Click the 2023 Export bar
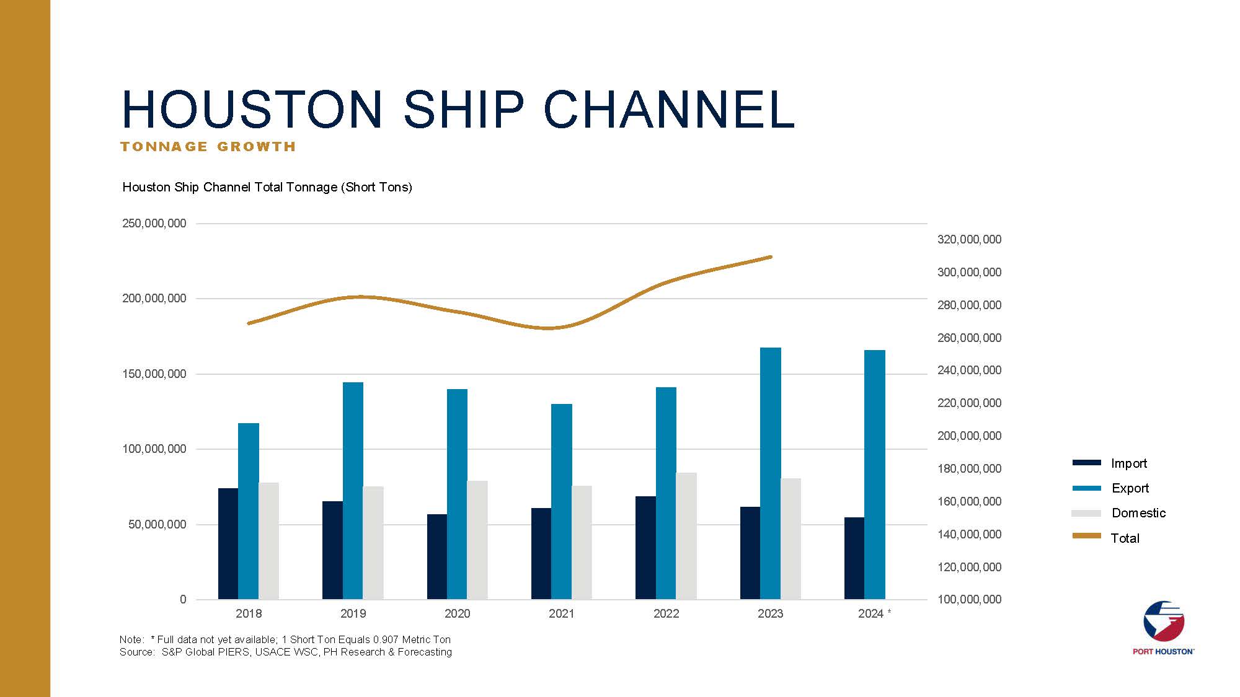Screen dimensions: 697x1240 [770, 474]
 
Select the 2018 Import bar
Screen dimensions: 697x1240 [228, 544]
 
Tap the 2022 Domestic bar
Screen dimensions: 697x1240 [686, 536]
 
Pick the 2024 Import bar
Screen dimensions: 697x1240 [854, 558]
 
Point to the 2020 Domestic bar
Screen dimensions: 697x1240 [477, 540]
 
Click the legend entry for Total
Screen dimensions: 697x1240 [1124, 538]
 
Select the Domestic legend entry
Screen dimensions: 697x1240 [1138, 513]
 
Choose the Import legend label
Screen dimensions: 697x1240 [1128, 463]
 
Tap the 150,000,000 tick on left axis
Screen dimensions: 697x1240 [154, 374]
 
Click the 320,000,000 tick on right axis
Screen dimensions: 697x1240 [969, 239]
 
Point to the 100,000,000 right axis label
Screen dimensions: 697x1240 [969, 599]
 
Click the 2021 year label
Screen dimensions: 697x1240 [561, 613]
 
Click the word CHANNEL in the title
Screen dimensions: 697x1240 [670, 109]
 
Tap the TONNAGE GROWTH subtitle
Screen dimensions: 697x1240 [208, 147]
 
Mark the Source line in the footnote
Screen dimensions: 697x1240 [285, 652]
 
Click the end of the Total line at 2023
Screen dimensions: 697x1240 [770, 256]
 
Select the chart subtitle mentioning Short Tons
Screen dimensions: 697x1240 [267, 187]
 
